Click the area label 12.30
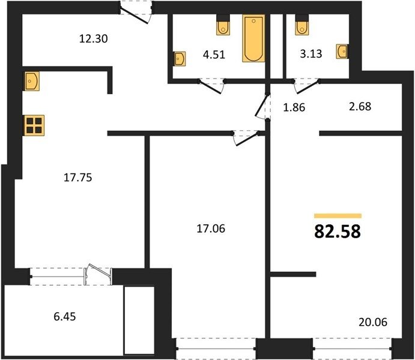click(94, 39)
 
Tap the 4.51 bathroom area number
click(214, 55)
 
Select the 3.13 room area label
click(311, 53)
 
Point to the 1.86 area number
click(294, 107)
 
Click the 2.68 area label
click(360, 107)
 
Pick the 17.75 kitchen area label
click(78, 178)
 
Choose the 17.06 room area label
click(211, 229)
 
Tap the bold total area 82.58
click(338, 232)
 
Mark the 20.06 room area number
click(373, 322)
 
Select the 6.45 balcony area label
click(65, 316)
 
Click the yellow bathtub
click(253, 38)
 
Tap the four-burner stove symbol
click(34, 125)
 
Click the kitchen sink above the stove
click(32, 81)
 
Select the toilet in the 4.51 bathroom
click(223, 25)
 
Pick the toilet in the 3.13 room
click(302, 25)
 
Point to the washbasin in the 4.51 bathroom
click(180, 59)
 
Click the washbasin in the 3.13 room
click(342, 52)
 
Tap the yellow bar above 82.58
click(338, 216)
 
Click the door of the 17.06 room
click(246, 139)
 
